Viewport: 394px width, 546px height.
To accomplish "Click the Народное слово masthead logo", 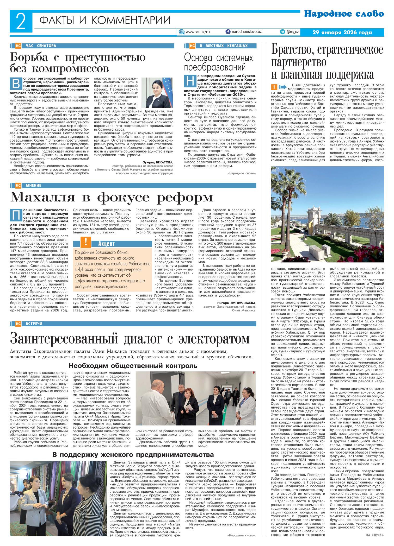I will coord(344,14).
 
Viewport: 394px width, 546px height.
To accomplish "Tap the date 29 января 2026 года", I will coord(342,33).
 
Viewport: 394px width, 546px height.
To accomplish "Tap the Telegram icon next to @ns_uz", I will coord(282,32).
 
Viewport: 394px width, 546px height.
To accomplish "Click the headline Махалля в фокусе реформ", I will coord(111,198).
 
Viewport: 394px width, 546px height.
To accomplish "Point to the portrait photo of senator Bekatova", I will coord(158,93).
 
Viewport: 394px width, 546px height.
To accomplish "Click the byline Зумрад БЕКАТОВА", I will coord(158,162).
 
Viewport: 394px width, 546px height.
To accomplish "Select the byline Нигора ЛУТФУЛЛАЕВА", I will coord(237,303).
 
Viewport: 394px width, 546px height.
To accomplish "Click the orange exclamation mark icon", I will coord(86,243).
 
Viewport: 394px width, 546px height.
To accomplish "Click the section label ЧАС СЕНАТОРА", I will coord(41,46).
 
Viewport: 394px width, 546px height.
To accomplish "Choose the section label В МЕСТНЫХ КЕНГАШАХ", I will coord(224,46).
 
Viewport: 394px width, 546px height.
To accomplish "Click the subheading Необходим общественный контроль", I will coord(133,366).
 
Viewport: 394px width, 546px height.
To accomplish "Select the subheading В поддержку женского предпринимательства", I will coord(133,455).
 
